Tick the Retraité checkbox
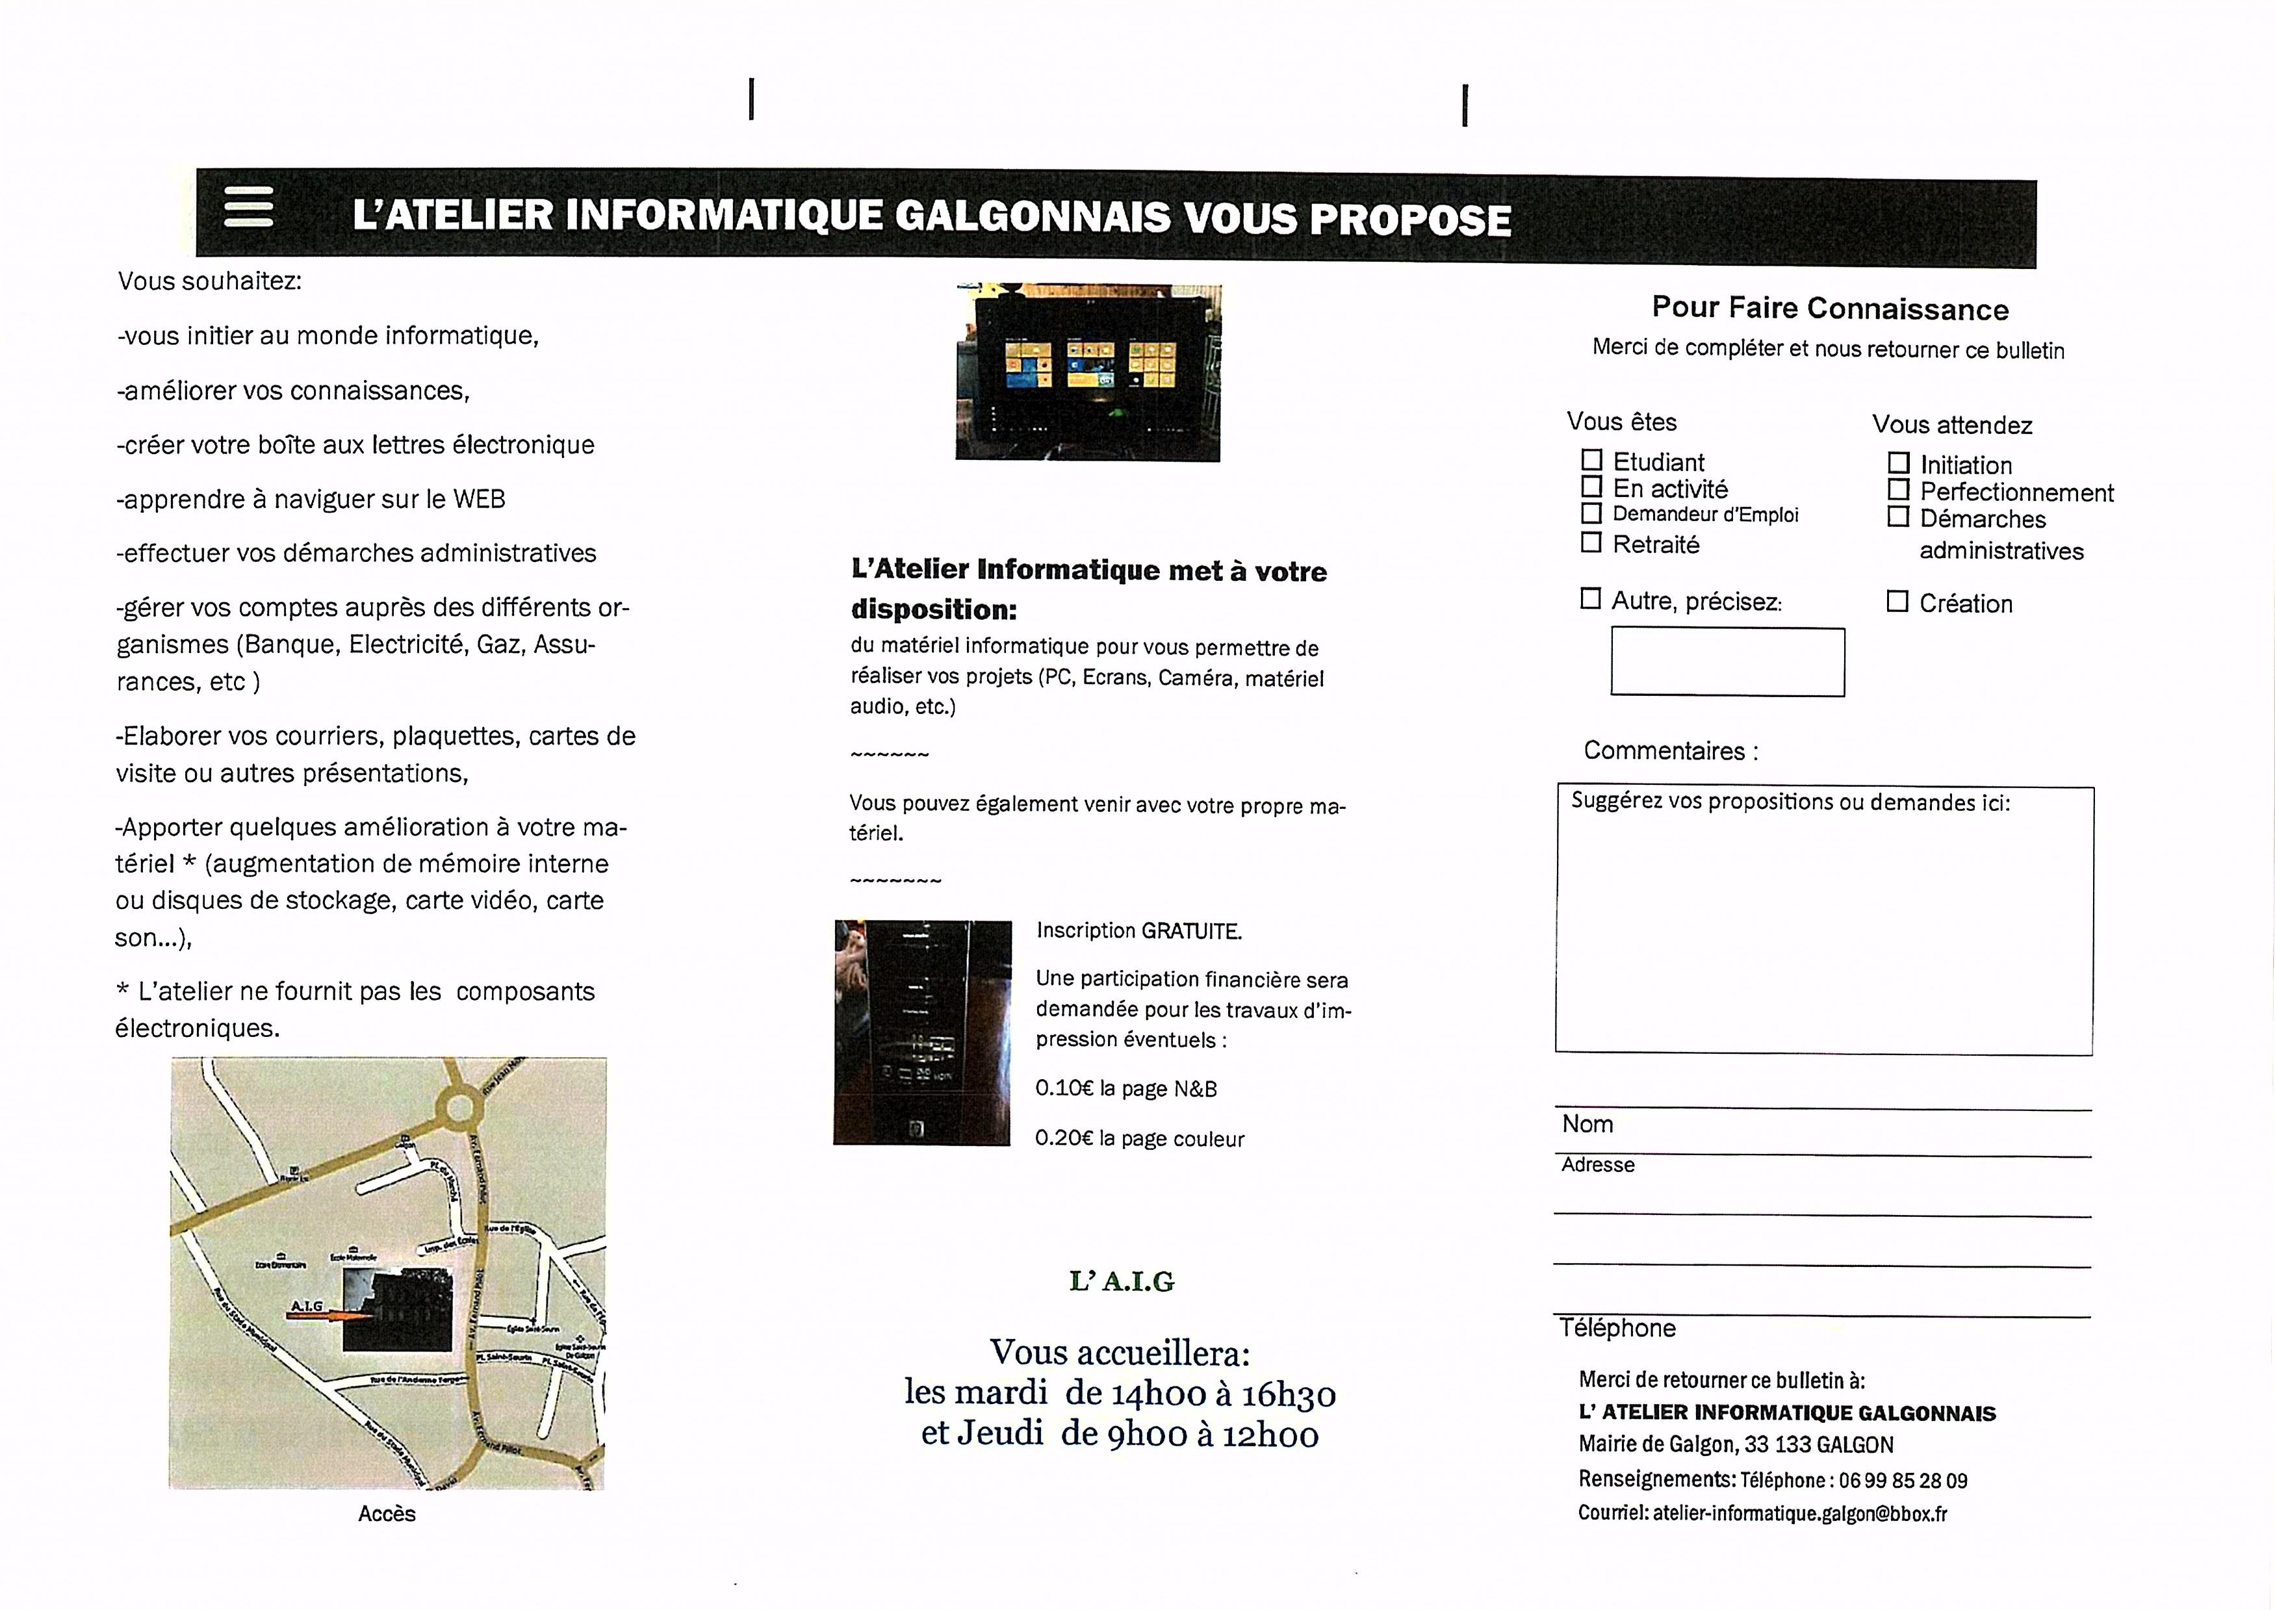1591,543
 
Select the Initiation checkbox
1898,463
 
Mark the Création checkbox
1897,602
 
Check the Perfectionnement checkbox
1898,490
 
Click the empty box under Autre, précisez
1727,661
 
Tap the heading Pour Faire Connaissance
1830,309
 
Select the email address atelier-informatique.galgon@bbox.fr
1799,1514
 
